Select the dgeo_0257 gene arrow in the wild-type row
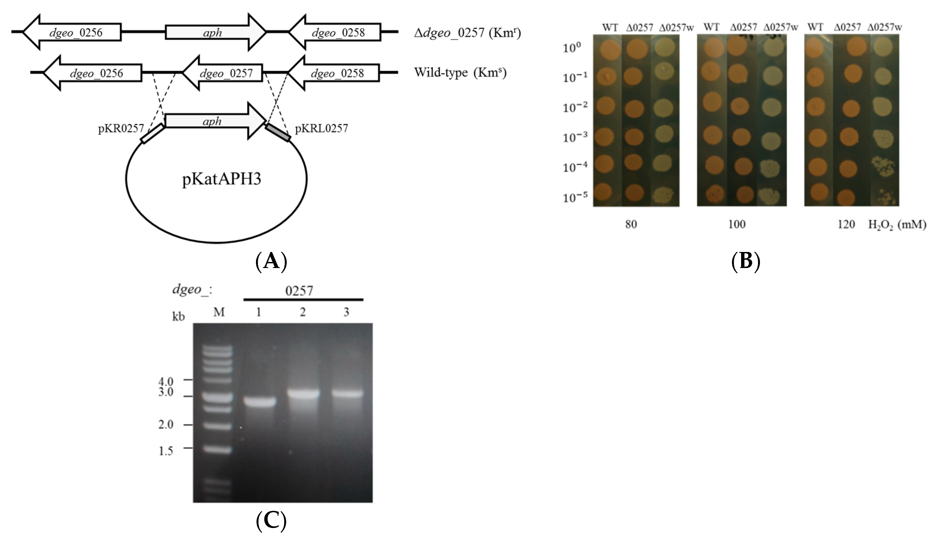[222, 73]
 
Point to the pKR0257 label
[121, 129]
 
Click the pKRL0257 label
[321, 129]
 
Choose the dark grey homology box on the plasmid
[278, 132]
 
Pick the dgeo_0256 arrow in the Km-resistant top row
[72, 33]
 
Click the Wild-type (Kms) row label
[460, 73]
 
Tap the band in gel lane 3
[347, 394]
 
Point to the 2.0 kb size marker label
[166, 425]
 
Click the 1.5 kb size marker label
[166, 451]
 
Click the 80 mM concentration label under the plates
[631, 224]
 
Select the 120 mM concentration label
[846, 224]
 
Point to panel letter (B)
[746, 261]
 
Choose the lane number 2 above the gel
[303, 312]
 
